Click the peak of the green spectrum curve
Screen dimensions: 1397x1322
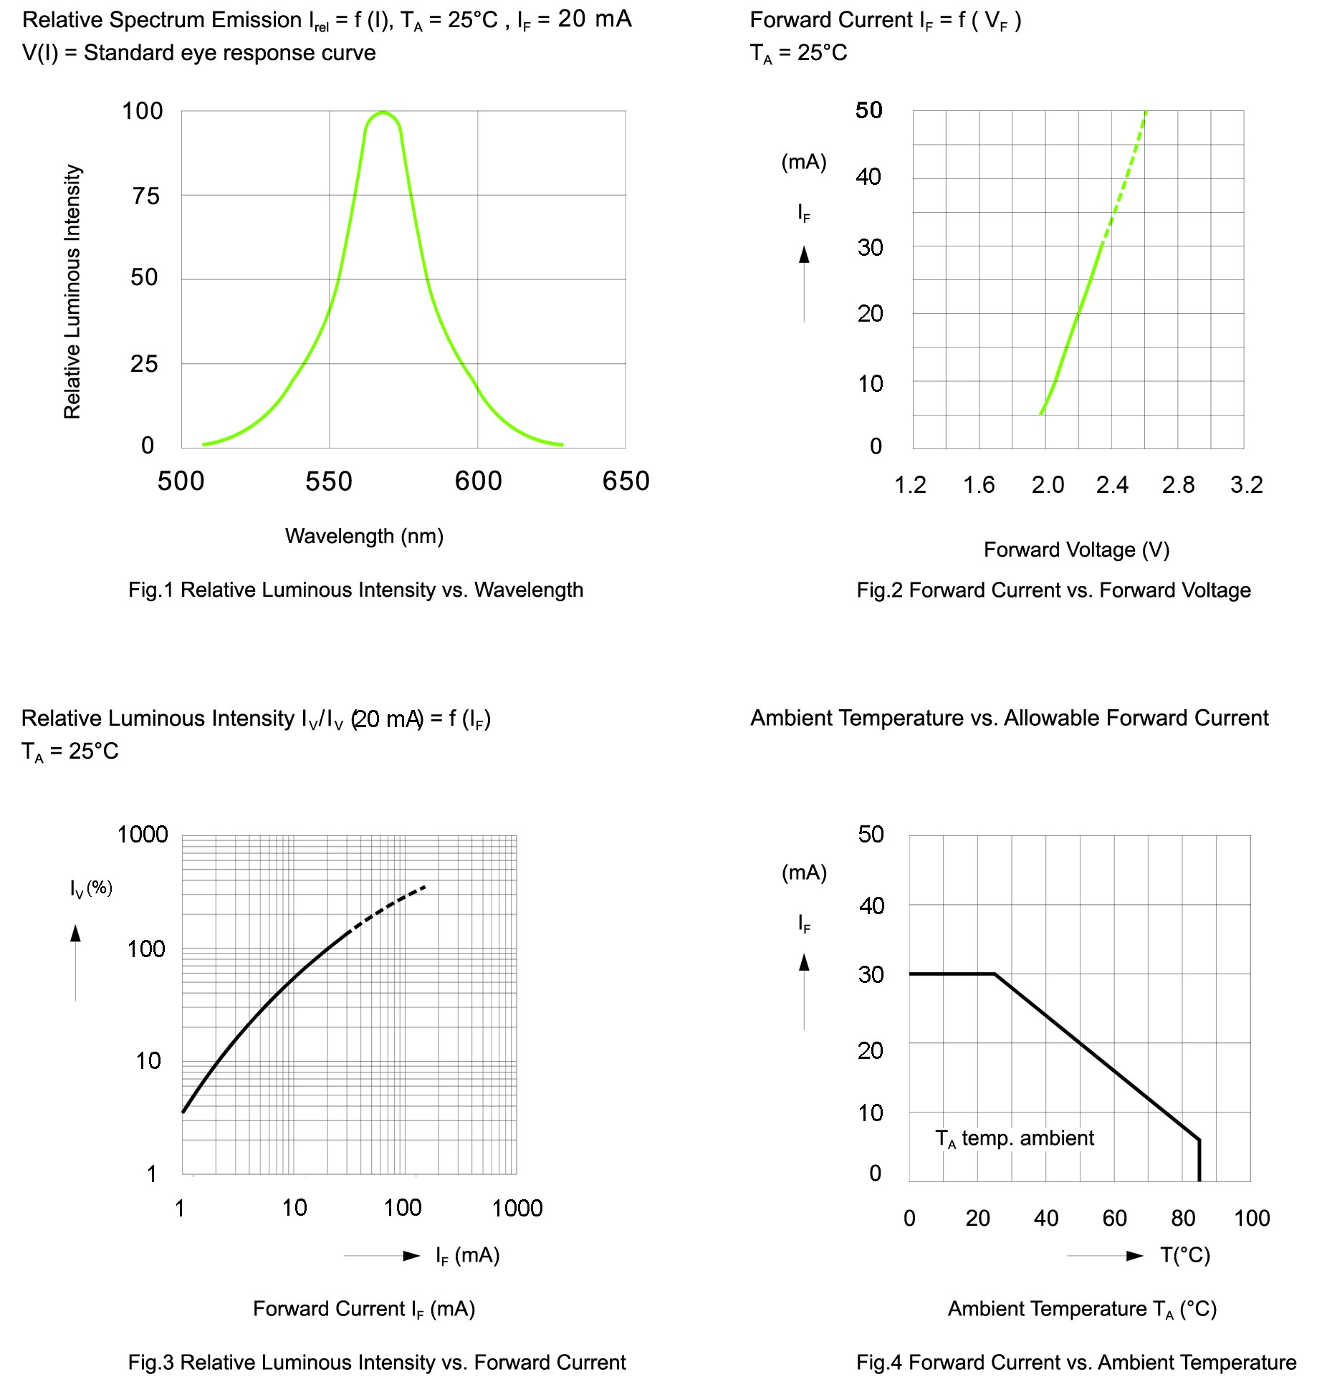(383, 112)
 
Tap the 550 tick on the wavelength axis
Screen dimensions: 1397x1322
(329, 481)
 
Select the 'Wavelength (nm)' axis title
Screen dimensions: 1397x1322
(364, 536)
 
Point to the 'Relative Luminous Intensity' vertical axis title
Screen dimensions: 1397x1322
(72, 292)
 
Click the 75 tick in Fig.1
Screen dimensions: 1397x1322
(146, 196)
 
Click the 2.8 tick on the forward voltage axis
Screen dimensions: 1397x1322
(1178, 485)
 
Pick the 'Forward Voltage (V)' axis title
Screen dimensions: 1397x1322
(1076, 549)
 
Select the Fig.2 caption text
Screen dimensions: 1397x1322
(1053, 590)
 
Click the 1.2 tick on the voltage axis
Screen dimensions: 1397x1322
(910, 485)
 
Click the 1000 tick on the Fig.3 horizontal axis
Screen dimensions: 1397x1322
(517, 1209)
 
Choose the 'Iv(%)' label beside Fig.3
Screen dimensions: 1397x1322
(91, 888)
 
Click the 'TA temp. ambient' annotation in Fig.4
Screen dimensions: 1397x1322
(1015, 1138)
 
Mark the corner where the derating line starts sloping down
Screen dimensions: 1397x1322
(995, 974)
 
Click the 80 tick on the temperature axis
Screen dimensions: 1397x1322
(1183, 1218)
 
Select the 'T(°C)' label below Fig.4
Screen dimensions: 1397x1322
(1185, 1255)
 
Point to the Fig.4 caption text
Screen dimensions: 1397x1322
(1076, 1362)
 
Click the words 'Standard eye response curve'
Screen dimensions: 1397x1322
(229, 53)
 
